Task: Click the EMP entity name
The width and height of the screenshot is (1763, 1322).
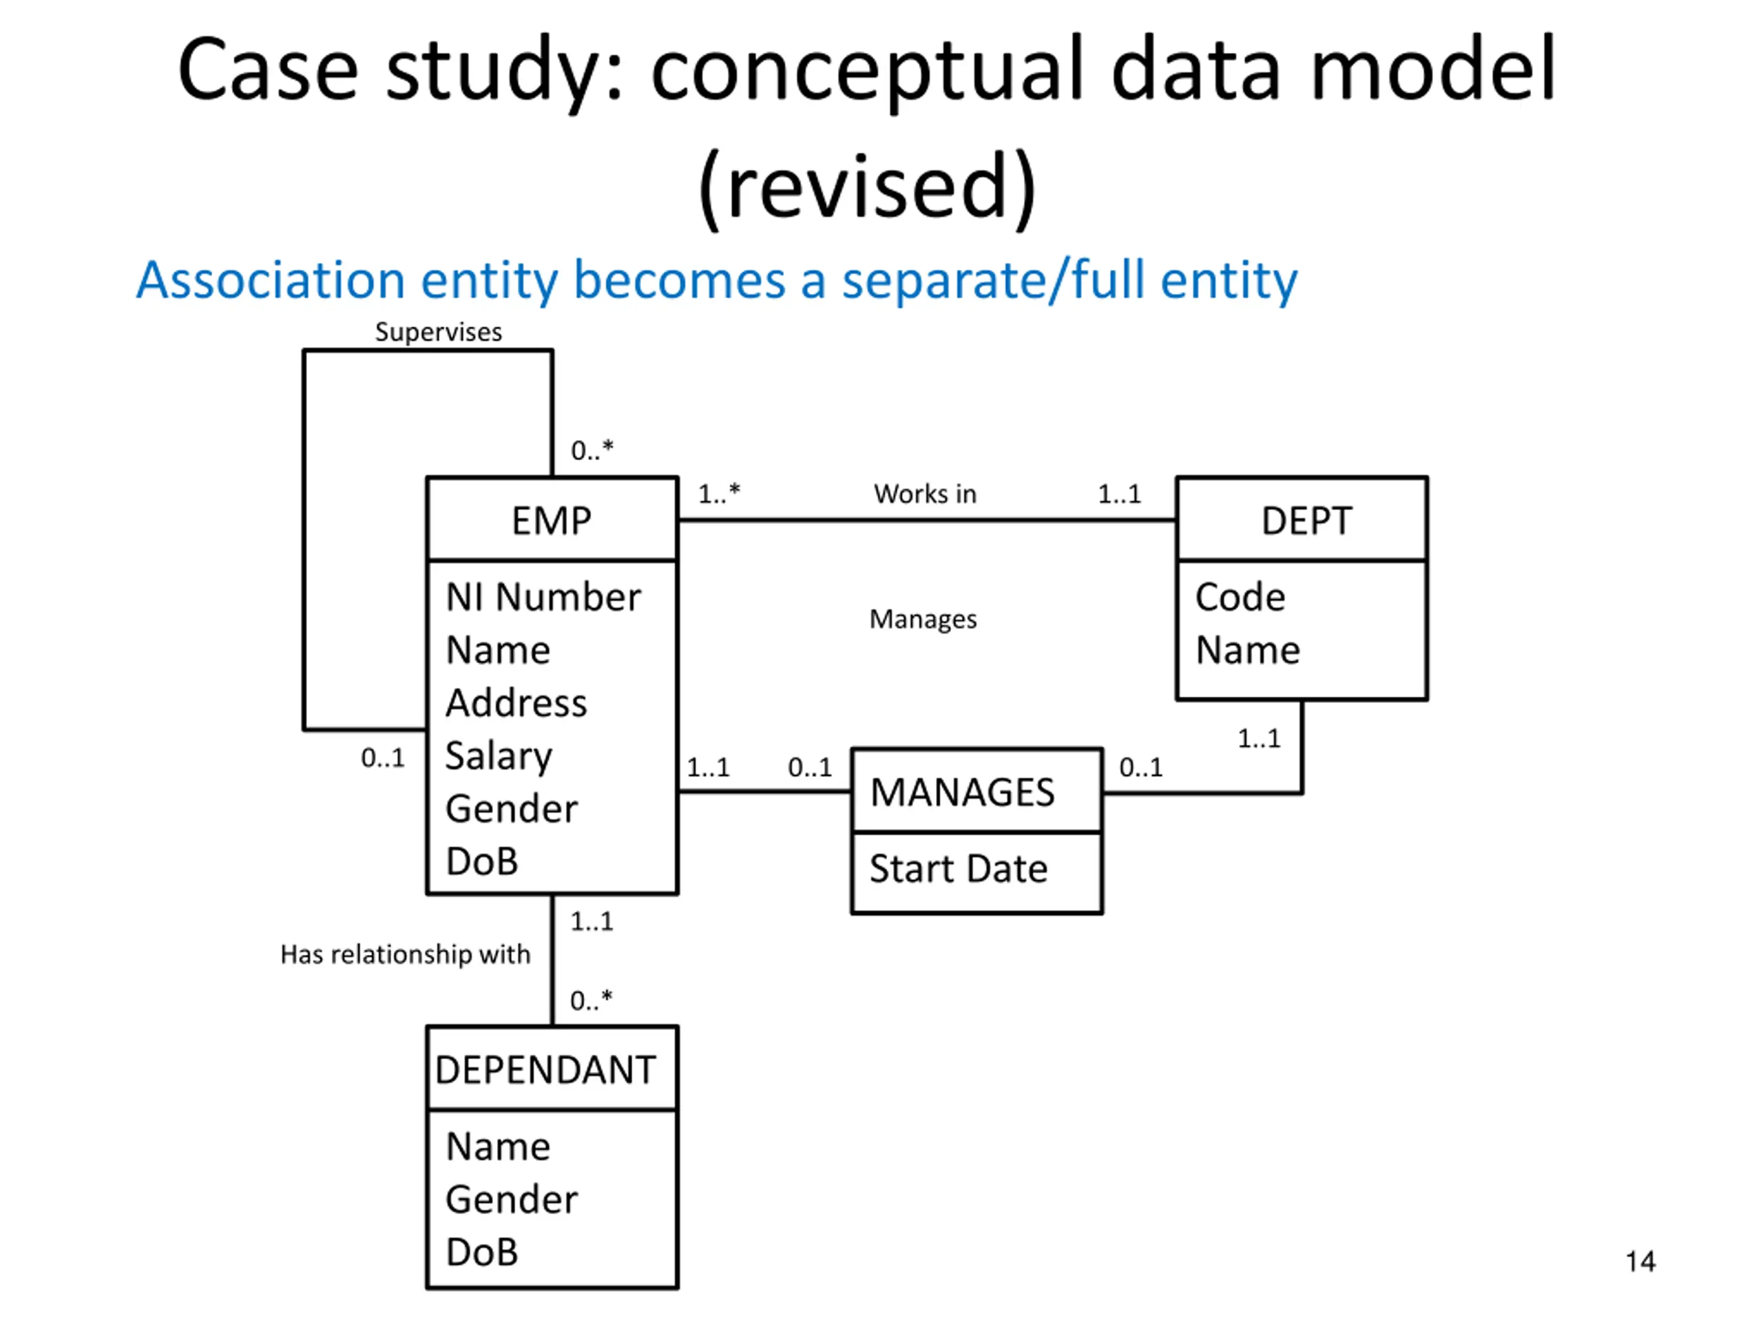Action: (552, 521)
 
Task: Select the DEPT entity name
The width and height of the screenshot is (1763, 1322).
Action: (1306, 521)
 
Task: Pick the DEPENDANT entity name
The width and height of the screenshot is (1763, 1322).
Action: (545, 1069)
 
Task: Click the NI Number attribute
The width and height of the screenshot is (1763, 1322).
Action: (543, 597)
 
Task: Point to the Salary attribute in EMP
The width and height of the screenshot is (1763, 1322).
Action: (498, 755)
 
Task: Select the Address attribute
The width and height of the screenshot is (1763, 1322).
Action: (516, 703)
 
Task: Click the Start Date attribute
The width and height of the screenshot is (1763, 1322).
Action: (958, 868)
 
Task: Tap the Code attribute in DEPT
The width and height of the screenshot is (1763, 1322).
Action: (1240, 597)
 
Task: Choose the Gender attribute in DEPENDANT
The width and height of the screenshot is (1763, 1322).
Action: (512, 1199)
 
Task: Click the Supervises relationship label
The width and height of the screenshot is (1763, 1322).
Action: (439, 333)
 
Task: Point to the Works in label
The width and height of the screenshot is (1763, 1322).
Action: (924, 494)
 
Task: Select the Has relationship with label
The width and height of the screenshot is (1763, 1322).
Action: (405, 954)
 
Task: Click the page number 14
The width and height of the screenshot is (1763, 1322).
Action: (1640, 1261)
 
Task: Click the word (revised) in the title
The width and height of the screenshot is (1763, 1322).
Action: (867, 187)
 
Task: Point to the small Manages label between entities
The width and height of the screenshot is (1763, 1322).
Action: (923, 619)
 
